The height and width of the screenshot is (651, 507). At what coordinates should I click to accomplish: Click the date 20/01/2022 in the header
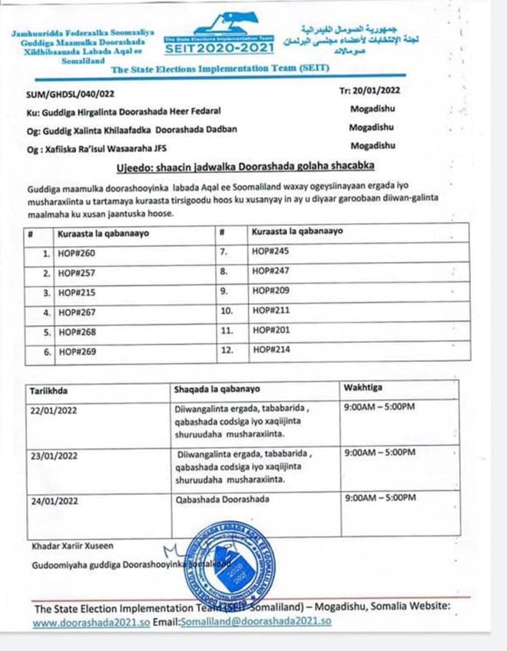[x=369, y=90]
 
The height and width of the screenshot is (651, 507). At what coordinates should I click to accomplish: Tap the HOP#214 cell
[x=267, y=350]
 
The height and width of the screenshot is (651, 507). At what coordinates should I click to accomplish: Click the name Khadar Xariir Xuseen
[x=73, y=546]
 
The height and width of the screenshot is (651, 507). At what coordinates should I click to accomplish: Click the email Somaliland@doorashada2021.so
[x=256, y=621]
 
